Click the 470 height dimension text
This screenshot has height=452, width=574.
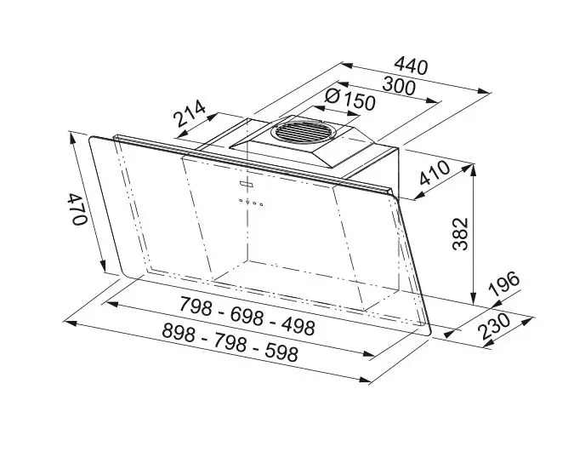click(x=77, y=209)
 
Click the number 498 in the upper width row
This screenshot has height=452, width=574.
click(x=293, y=326)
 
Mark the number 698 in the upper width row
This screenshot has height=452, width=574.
click(x=246, y=313)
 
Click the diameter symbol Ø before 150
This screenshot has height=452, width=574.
click(x=332, y=97)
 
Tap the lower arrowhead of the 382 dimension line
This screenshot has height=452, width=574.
click(x=473, y=300)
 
